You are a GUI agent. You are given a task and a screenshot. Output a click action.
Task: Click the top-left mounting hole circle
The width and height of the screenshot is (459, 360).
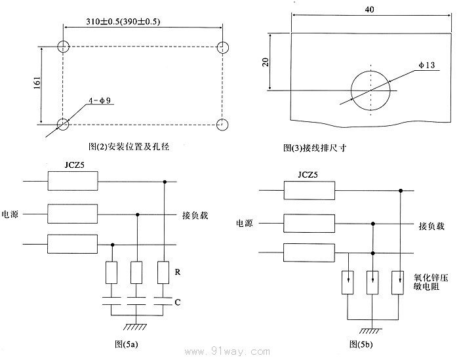(x=64, y=47)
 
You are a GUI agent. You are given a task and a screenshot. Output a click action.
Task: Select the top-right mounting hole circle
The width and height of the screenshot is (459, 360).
(x=223, y=47)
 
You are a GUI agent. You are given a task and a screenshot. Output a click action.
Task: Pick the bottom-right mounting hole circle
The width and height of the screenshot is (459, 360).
(x=223, y=123)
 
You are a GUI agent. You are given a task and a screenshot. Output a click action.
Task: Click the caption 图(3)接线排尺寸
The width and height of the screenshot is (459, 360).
(x=315, y=148)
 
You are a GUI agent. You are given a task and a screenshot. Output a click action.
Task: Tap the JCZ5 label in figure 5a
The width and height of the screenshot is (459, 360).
(x=73, y=165)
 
